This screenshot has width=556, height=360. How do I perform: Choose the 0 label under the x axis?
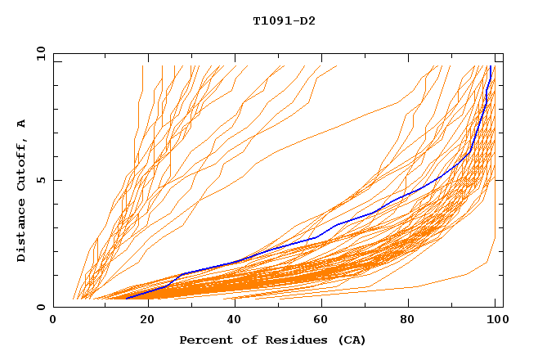pyautogui.click(x=53, y=321)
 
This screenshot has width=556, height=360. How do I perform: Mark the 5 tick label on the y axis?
pyautogui.click(x=39, y=180)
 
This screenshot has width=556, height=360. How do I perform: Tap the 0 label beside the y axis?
pyautogui.click(x=39, y=307)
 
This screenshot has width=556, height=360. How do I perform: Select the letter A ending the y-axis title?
pyautogui.click(x=22, y=124)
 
